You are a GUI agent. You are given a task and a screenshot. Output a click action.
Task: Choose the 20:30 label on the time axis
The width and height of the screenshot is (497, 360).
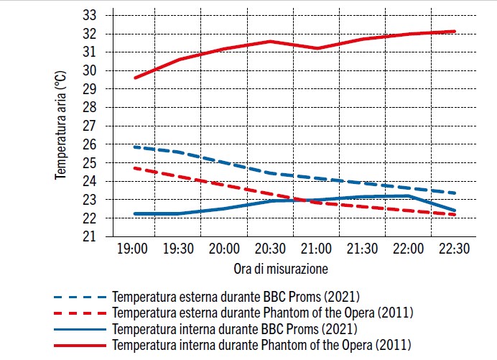[x=270, y=249]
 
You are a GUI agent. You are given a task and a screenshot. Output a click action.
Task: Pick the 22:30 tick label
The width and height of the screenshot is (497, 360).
[x=453, y=249]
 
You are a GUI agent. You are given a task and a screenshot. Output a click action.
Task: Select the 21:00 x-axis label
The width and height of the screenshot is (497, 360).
[x=316, y=249]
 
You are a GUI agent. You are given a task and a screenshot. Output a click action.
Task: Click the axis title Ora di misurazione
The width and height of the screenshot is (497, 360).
[x=281, y=269]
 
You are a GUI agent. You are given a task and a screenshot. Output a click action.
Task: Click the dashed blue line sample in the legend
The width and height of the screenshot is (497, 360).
[x=80, y=296]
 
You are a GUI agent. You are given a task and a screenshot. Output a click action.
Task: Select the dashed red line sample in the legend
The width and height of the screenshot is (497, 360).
[x=80, y=313]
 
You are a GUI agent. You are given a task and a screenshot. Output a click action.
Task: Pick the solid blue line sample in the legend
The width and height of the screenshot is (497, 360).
[x=80, y=329]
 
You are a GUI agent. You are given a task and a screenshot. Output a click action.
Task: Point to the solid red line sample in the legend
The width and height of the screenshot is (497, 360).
[x=80, y=346]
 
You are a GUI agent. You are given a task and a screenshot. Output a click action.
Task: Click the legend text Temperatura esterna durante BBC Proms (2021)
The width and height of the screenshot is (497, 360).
[x=236, y=296]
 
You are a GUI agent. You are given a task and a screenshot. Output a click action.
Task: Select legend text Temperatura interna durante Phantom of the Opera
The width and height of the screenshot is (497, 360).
[x=261, y=346]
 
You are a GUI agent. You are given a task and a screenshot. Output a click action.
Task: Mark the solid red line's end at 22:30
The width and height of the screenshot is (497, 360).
[x=455, y=32]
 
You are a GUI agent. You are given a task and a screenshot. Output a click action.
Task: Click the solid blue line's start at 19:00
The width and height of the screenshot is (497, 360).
[x=135, y=213]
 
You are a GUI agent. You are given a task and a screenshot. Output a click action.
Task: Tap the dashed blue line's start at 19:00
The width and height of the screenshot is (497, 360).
[x=135, y=147]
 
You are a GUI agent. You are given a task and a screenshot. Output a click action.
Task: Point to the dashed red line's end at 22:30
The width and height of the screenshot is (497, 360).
[x=455, y=214]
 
